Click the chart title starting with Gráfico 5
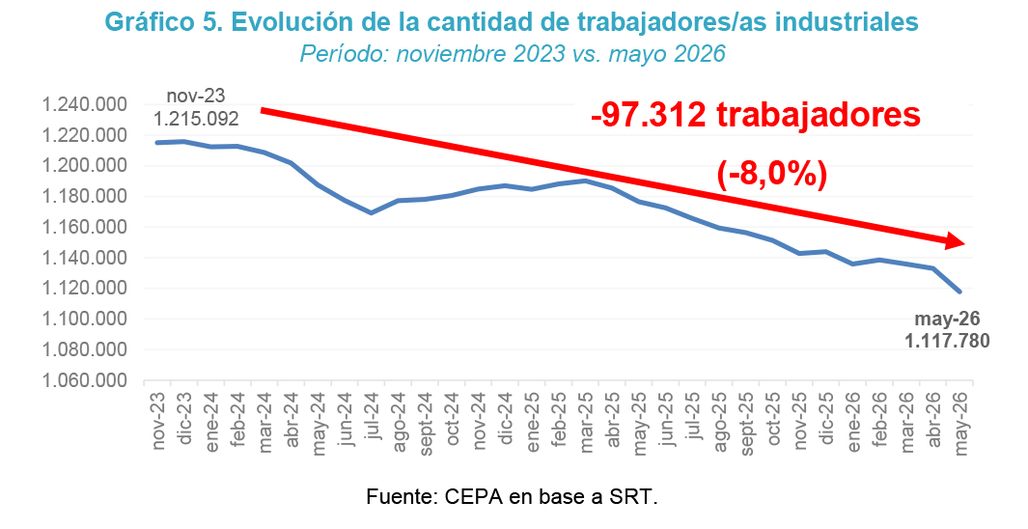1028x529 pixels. coord(512,22)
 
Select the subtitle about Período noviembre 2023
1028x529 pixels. coord(513,54)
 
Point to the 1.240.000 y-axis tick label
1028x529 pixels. coord(84,105)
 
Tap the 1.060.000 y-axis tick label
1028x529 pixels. coord(84,381)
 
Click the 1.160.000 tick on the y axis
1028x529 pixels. coord(84,228)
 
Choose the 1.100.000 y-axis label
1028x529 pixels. coord(84,320)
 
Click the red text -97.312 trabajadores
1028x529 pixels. coord(755,115)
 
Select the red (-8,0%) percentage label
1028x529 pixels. coord(771,175)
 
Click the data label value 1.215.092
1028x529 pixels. coord(196,120)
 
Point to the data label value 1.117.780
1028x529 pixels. coord(947,341)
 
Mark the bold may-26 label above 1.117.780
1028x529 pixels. coord(947,320)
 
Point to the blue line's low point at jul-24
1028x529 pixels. coord(373,212)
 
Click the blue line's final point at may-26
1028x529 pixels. coord(959,292)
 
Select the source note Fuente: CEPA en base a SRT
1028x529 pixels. coord(512,496)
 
